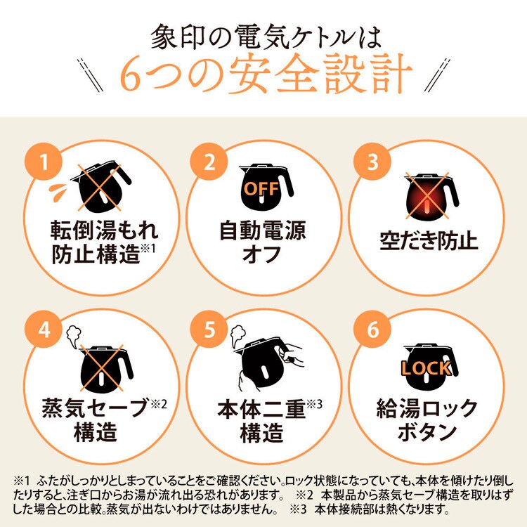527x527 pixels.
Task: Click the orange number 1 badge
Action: (44, 163)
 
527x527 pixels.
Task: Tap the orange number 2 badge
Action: (209, 163)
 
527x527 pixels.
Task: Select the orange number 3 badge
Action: (373, 163)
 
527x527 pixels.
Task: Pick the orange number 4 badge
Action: (44, 330)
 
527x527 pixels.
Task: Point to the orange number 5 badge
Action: (209, 330)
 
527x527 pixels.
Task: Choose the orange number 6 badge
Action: (373, 330)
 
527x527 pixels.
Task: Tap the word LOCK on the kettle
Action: (426, 367)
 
